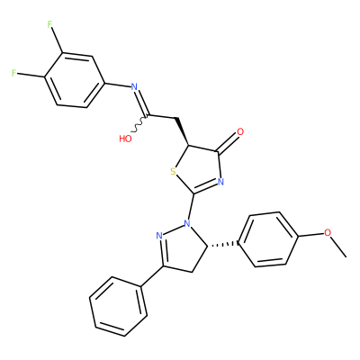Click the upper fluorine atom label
pyautogui.click(x=50, y=24)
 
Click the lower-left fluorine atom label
pyautogui.click(x=13, y=73)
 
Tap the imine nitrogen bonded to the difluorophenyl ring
pyautogui.click(x=134, y=87)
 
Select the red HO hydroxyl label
pyautogui.click(x=125, y=139)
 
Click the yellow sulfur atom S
pyautogui.click(x=173, y=172)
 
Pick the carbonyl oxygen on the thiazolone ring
pyautogui.click(x=240, y=131)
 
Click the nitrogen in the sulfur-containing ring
pyautogui.click(x=221, y=182)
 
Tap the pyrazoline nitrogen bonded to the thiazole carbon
pyautogui.click(x=187, y=223)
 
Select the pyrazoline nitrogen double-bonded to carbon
pyautogui.click(x=159, y=236)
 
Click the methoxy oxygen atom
pyautogui.click(x=328, y=232)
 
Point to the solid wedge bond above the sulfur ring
pyautogui.click(x=182, y=132)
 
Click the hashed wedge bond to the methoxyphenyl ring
pyautogui.click(x=222, y=244)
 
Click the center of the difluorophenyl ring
pyautogui.click(x=75, y=80)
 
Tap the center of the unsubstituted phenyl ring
pyautogui.click(x=118, y=306)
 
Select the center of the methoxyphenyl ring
pyautogui.click(x=268, y=239)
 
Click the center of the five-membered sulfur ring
pyautogui.click(x=197, y=169)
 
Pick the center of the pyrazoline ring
pyautogui.click(x=183, y=248)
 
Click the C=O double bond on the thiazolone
pyautogui.click(x=228, y=143)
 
